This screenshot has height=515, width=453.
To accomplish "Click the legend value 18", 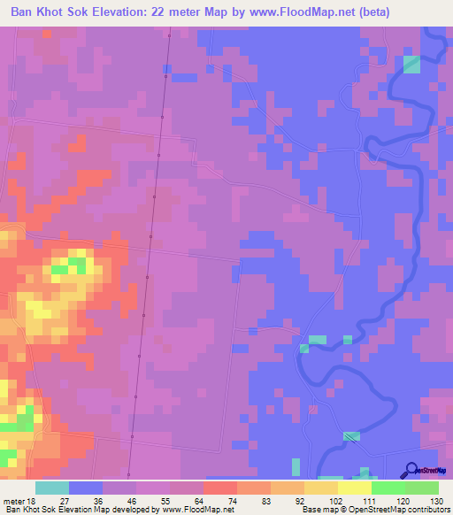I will click(x=34, y=500).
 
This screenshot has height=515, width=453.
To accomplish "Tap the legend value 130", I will click(x=437, y=500).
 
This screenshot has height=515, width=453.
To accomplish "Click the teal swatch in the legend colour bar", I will click(x=52, y=488).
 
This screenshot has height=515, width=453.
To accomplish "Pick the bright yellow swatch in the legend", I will click(x=354, y=488).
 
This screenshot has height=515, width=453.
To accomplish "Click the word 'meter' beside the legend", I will click(x=14, y=500).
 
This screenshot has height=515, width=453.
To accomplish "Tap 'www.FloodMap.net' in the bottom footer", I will click(x=193, y=509).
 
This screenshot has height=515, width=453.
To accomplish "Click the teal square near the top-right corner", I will click(x=412, y=64).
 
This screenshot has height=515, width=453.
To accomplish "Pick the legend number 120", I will click(x=403, y=500).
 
